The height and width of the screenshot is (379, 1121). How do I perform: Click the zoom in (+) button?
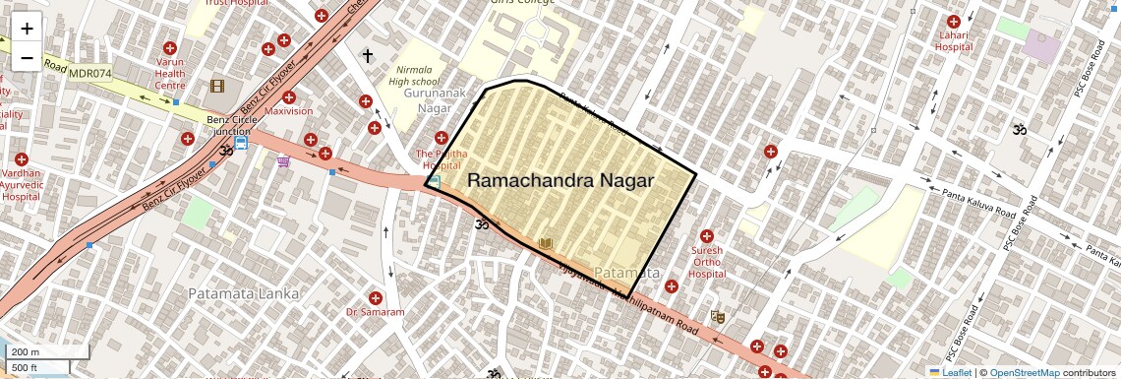pos(27,29)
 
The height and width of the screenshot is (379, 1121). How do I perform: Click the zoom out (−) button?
pos(27,58)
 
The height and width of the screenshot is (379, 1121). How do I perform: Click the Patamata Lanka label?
pos(235,293)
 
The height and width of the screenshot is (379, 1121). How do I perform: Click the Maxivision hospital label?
pos(288,111)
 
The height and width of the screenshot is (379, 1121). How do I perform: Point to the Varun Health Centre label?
pos(170,73)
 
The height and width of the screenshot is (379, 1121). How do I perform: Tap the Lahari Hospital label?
pos(953,41)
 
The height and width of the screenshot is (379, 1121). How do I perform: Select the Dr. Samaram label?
pos(375,311)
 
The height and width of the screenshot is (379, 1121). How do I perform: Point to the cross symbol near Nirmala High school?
pos(368,56)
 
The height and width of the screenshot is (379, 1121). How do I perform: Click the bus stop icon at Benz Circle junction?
pos(241,142)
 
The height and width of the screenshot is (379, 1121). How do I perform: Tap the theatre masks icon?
pos(718,317)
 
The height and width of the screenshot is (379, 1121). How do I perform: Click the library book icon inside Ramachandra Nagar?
pos(547,242)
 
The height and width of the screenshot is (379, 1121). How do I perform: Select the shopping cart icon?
pos(284,161)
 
